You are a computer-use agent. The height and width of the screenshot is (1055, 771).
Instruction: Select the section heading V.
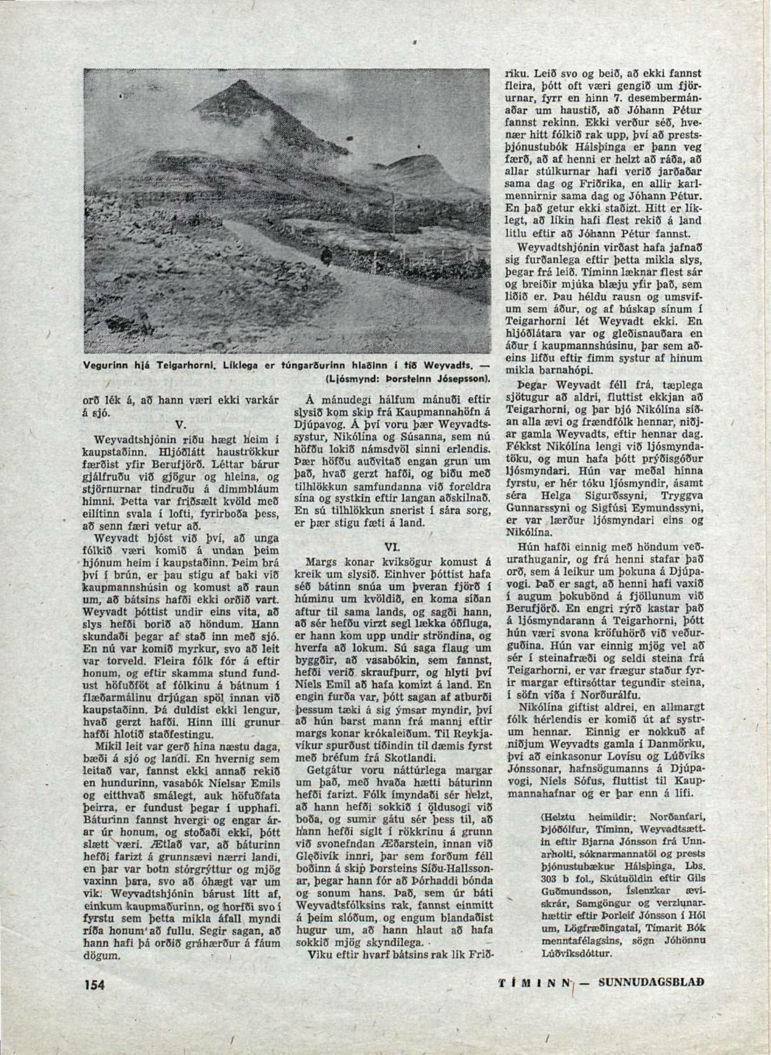click(x=182, y=425)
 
